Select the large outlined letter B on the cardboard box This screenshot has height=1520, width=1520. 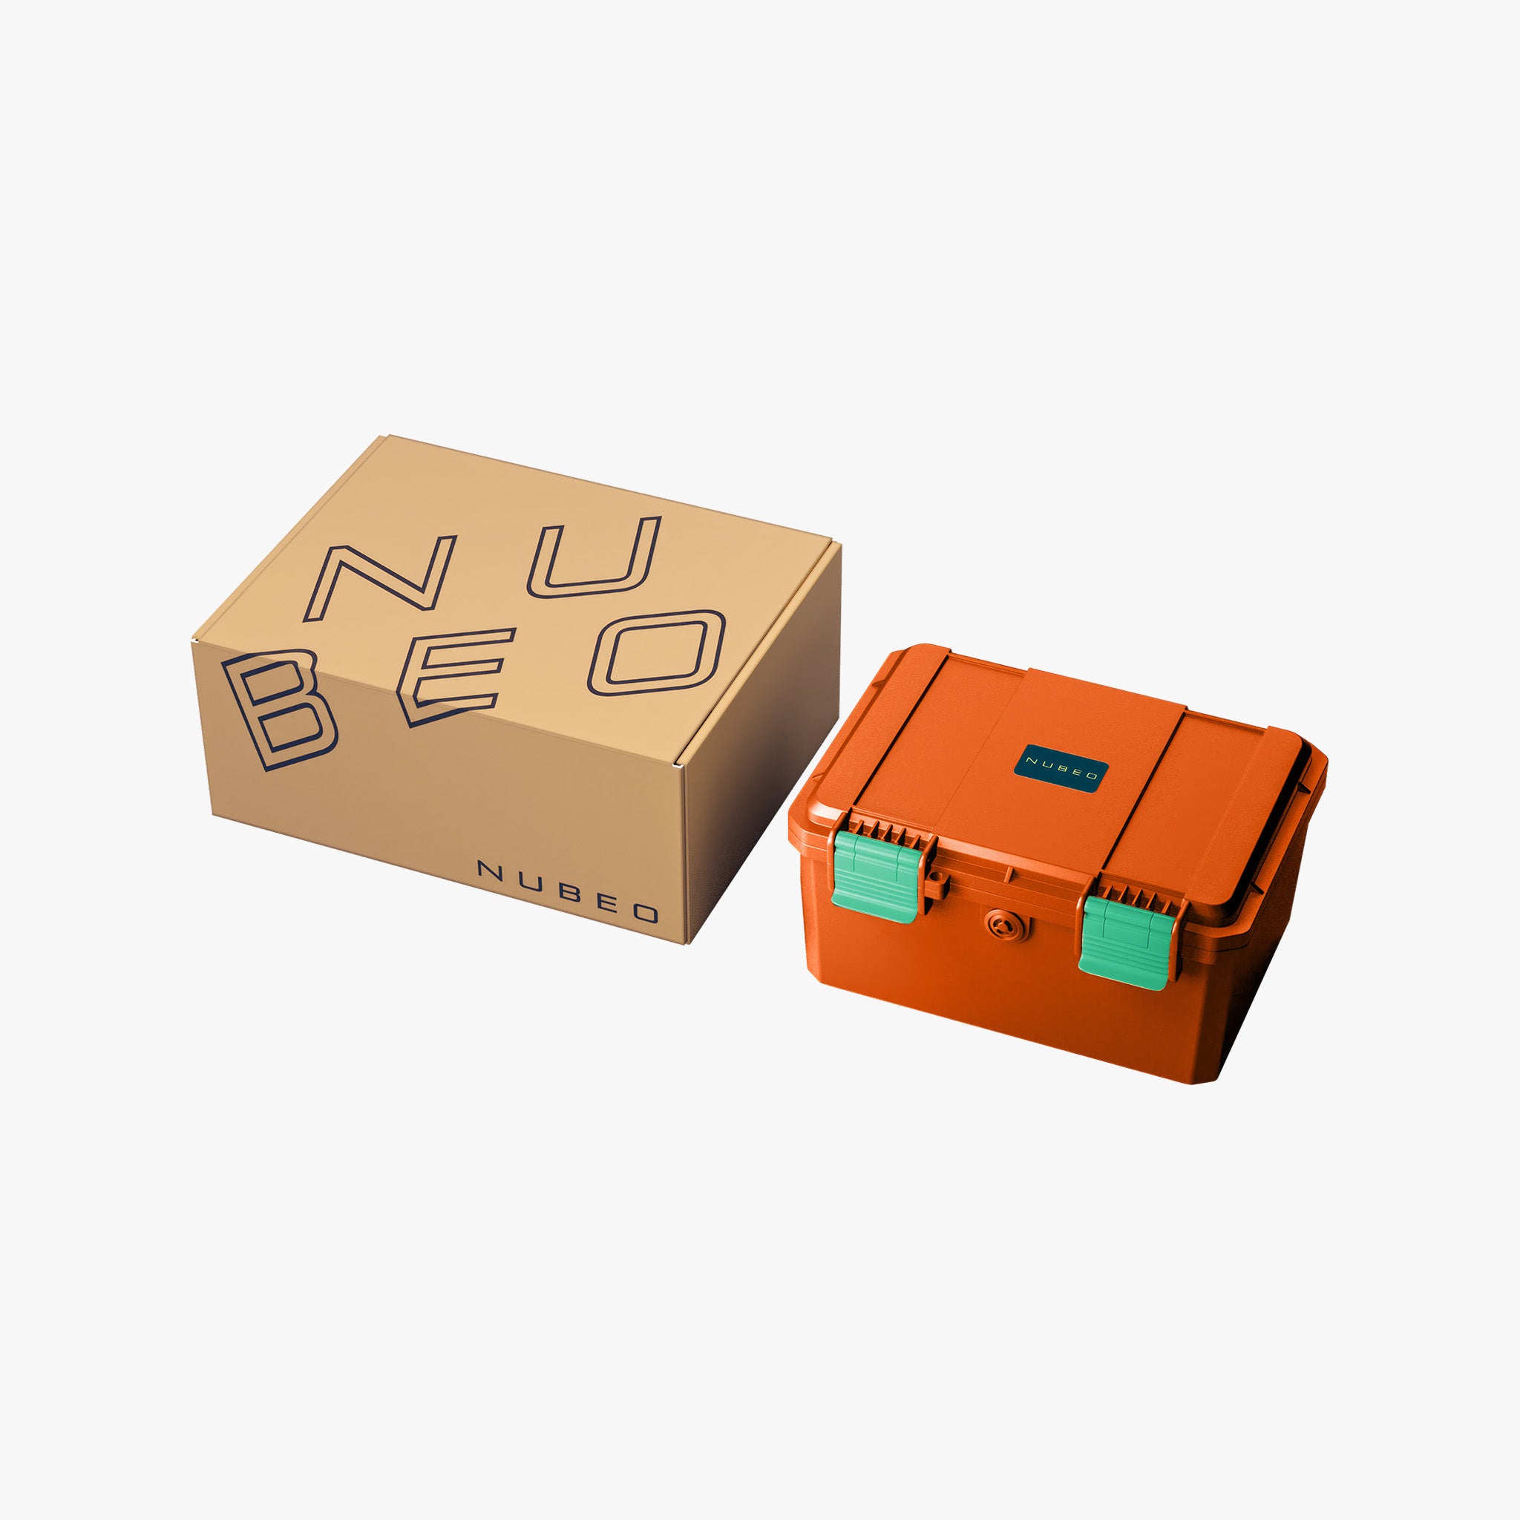279,710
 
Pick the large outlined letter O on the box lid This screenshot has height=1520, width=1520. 657,652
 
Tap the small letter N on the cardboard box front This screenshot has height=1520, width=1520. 490,870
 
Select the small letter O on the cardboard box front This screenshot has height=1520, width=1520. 646,913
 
